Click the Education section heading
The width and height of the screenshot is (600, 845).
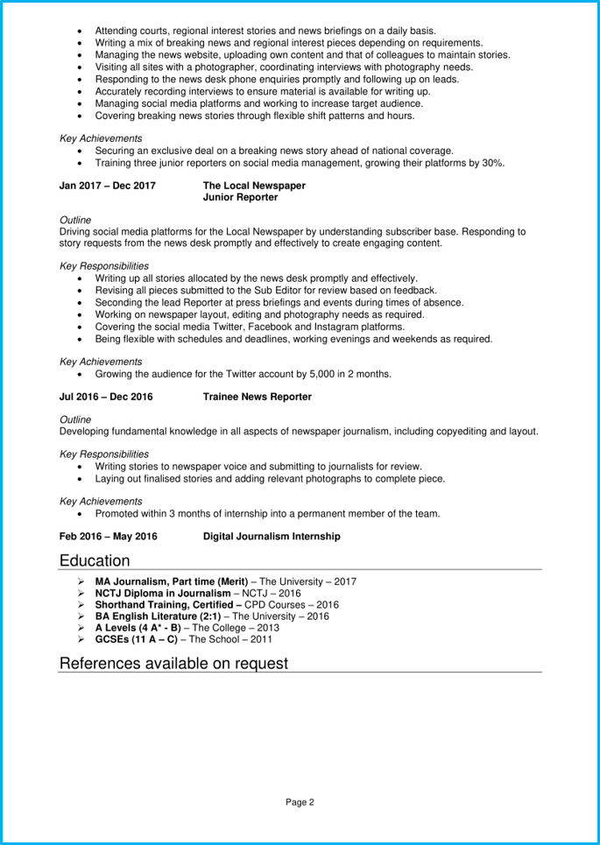[95, 560]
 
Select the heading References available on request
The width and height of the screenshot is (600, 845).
[173, 663]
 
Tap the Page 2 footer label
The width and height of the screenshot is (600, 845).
[300, 801]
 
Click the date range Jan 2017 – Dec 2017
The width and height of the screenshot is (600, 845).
[107, 186]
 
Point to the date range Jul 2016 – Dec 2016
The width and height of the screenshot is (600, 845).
[106, 397]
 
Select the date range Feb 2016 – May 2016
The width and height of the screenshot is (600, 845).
[108, 536]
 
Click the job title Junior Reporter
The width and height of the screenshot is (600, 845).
[240, 198]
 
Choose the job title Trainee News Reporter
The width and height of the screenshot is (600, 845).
[257, 397]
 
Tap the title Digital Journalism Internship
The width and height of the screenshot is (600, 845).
[272, 536]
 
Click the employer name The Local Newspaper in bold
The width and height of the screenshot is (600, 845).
[254, 186]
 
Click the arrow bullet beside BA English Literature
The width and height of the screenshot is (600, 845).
[81, 616]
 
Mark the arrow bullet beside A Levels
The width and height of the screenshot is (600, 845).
[81, 628]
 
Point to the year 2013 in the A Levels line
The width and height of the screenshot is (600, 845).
[267, 628]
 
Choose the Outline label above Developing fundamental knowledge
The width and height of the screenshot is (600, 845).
[75, 419]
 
